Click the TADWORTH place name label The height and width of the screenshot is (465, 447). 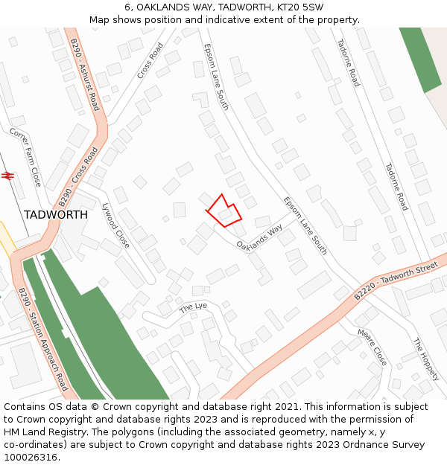pos(55,214)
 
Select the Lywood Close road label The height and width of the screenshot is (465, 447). pos(115,225)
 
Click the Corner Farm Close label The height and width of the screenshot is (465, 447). pos(25,156)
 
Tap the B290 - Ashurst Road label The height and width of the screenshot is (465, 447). pos(84,75)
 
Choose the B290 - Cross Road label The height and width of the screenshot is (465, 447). pos(78,176)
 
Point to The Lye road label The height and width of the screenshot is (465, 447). pos(193,307)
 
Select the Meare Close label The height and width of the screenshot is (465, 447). pos(372,346)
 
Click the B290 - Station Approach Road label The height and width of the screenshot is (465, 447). pos(43,339)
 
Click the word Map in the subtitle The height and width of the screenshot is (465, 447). pos(101,20)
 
